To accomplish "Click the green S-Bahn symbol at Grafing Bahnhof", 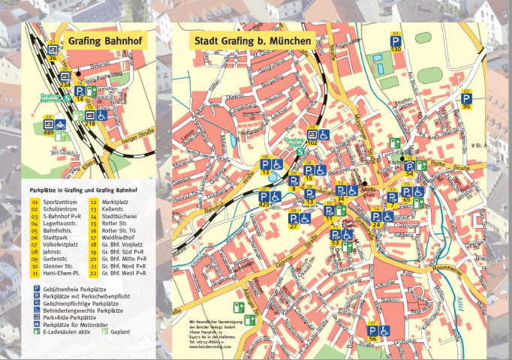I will point(67,97).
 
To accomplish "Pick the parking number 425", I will point(264,204).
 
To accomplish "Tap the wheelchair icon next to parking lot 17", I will point(384,330).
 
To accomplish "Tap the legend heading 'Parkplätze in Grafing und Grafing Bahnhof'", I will point(83,190).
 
